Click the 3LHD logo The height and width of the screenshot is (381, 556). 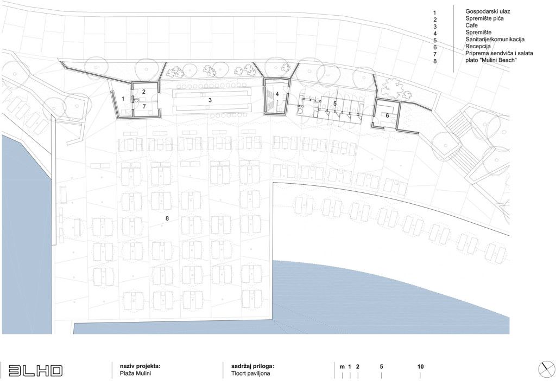pos(35,370)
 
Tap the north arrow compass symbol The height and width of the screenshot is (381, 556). pos(546,370)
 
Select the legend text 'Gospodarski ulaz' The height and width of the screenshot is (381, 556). pos(488,11)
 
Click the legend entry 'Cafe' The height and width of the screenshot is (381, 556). pos(471,25)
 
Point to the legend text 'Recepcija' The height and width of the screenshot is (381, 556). pos(478,47)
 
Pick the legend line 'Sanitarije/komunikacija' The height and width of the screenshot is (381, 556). pos(495,40)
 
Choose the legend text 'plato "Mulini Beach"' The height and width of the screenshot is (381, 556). pos(491,60)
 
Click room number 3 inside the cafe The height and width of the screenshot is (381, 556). pos(210,100)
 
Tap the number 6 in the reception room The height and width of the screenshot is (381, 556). pos(387,115)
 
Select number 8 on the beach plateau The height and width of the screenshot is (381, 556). pos(167,218)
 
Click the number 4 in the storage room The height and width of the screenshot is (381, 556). pos(277,94)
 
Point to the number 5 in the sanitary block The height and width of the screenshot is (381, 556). pos(334,104)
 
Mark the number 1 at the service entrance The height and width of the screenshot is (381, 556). pos(123,99)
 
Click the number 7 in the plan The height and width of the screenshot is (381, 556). pos(144,106)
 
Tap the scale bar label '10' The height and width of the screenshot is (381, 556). pos(421,366)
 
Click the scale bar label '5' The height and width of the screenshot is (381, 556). pos(382,366)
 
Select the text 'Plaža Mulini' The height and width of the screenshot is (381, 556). pos(136,373)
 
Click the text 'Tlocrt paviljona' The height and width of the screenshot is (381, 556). pos(251,373)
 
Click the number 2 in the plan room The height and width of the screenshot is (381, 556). pos(143,92)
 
